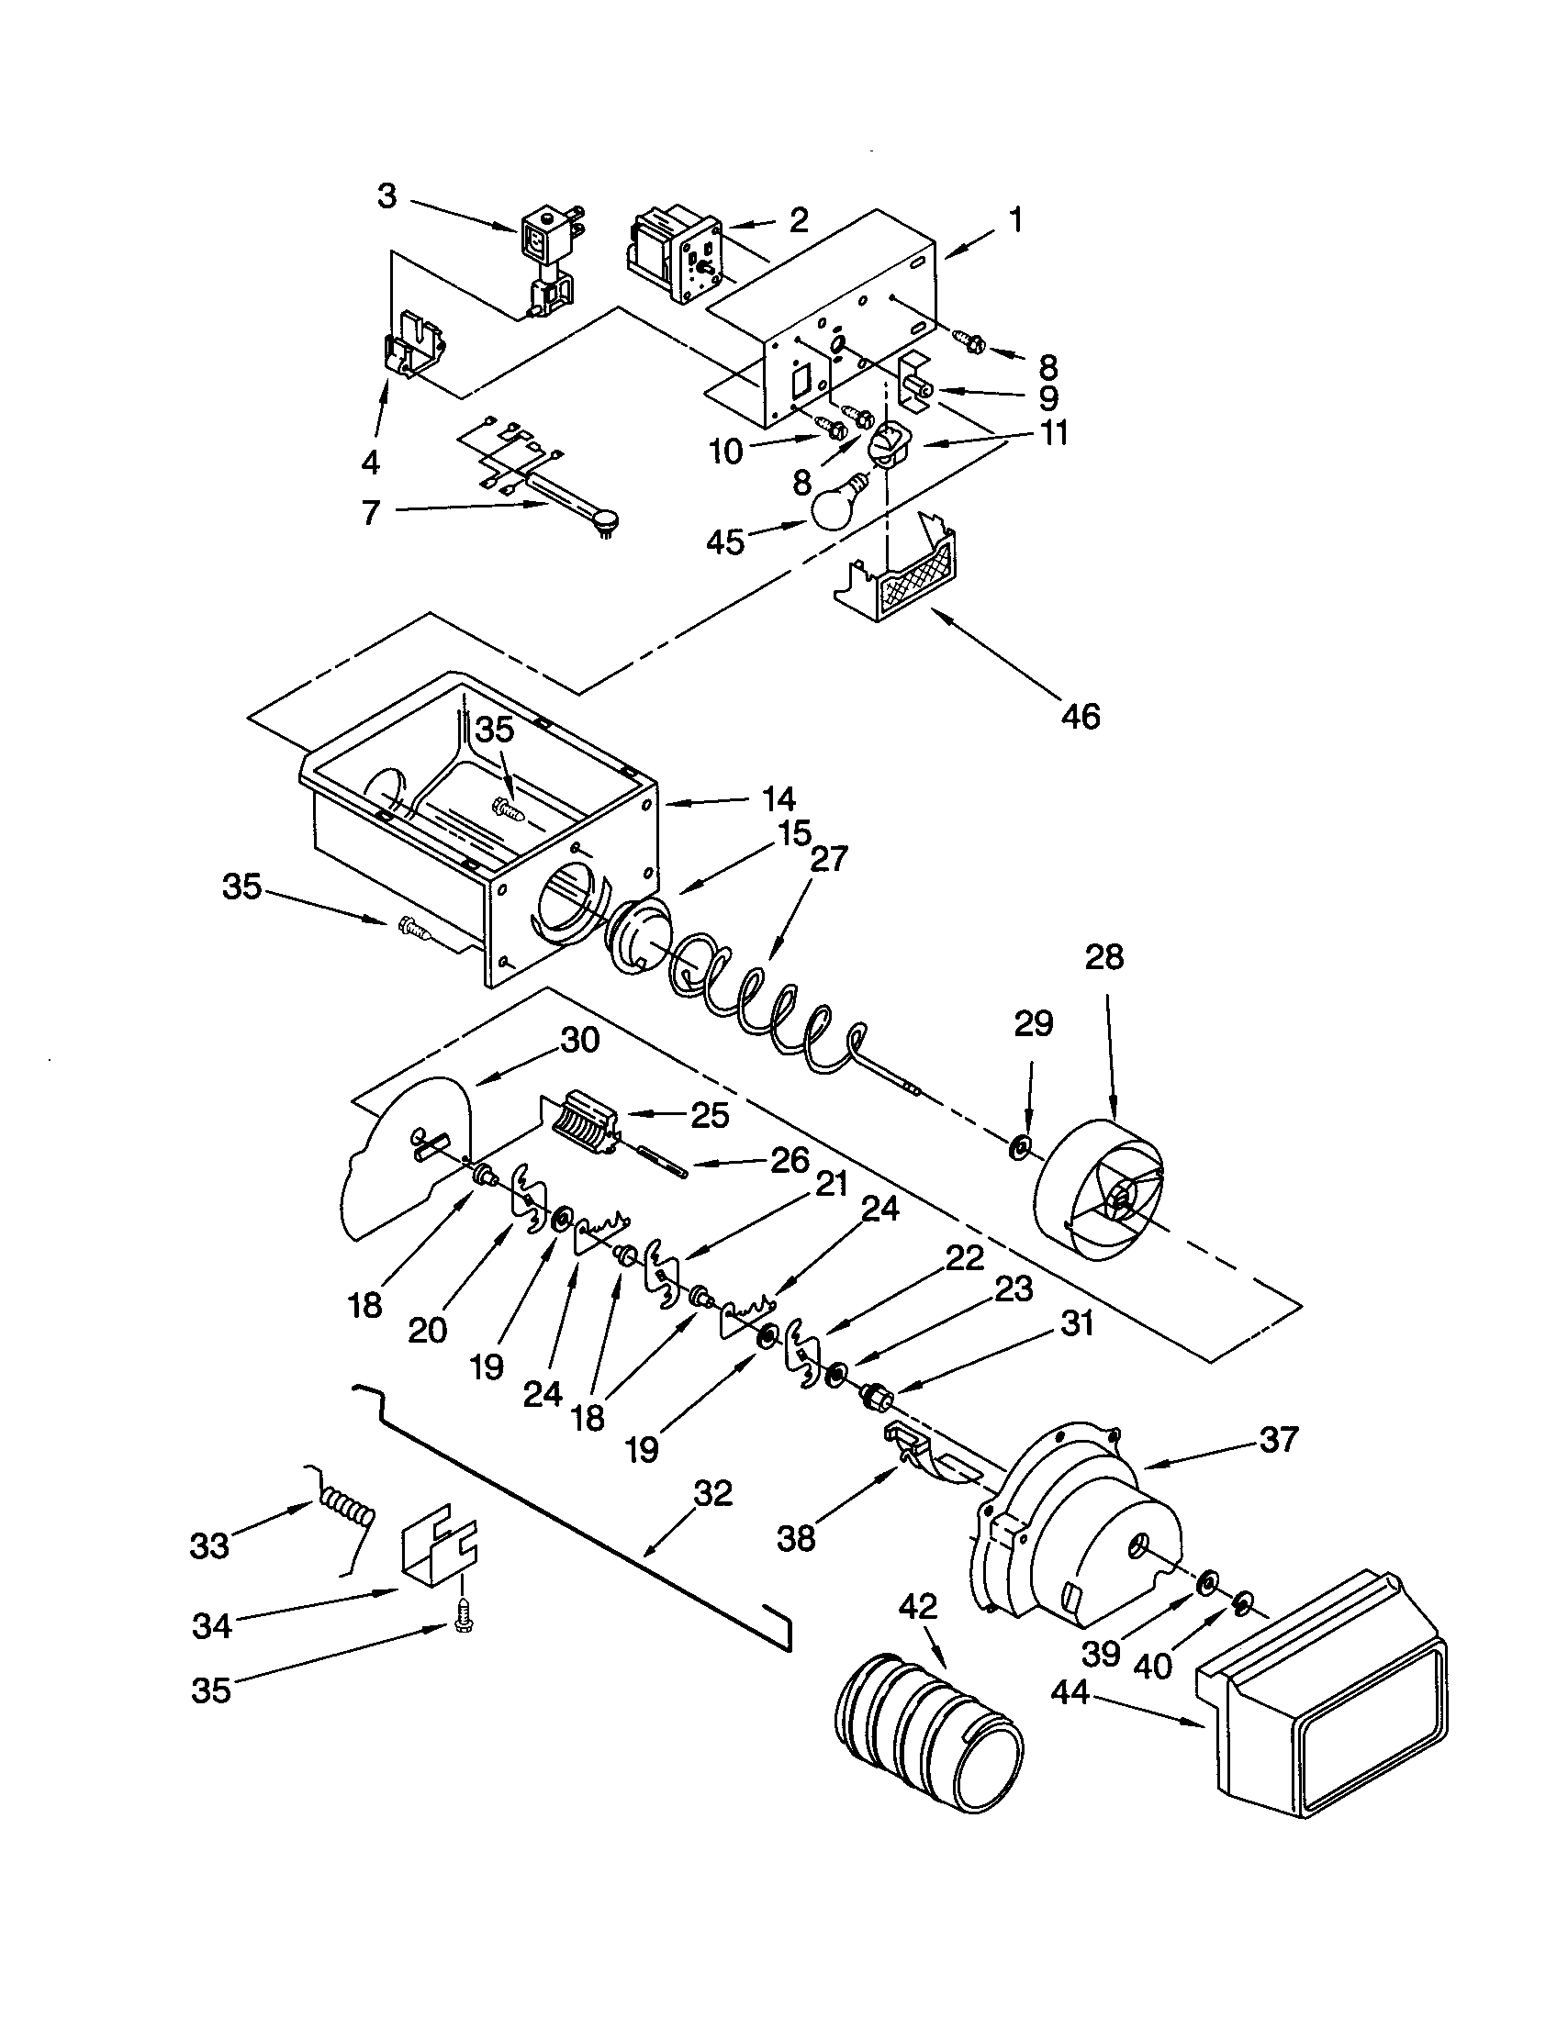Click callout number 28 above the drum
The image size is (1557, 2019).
[x=1104, y=957]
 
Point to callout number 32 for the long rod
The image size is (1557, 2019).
[x=710, y=1492]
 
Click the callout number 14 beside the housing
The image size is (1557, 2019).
[x=778, y=798]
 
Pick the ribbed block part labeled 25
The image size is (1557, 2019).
[x=582, y=1122]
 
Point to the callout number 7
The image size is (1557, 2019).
[x=370, y=511]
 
